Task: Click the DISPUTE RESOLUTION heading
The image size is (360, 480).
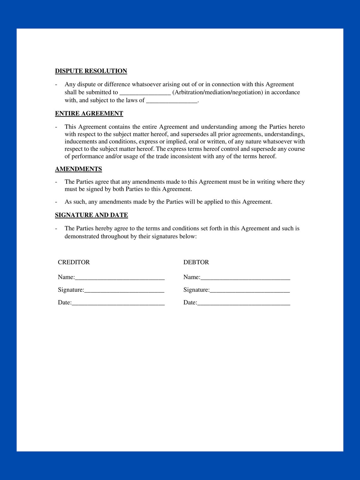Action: pos(91,71)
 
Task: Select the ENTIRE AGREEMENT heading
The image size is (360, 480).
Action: pos(89,113)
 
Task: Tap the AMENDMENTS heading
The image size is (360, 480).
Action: pos(78,169)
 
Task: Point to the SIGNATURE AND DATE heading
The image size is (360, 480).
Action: pos(91,215)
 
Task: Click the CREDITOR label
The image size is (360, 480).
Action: pos(74,262)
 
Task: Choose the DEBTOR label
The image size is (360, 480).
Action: pos(196,262)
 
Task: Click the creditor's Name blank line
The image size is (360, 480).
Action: pos(120,278)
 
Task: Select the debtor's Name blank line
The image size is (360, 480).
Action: pos(245,278)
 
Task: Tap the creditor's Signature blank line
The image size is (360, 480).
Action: pos(124,291)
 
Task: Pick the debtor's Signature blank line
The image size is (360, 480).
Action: pos(250,291)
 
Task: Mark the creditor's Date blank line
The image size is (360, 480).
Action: pos(118,303)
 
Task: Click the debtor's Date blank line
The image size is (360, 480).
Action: pos(244,303)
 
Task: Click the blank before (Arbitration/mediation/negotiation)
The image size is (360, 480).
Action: pos(145,93)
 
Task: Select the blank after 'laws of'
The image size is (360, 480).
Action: pos(172,101)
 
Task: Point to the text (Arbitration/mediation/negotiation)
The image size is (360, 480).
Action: pos(218,92)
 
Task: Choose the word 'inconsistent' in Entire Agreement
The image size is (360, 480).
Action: pos(186,156)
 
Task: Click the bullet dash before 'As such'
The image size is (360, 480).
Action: pos(56,202)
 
